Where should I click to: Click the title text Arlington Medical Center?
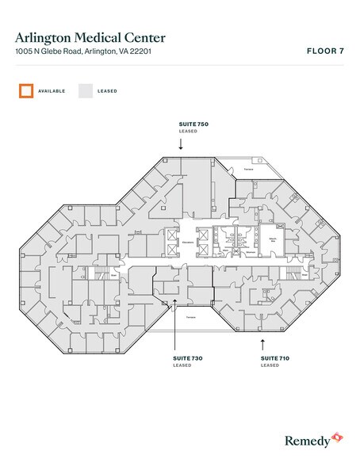[x=90, y=36]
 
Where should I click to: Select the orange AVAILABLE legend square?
[x=26, y=90]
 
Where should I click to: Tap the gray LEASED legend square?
[x=85, y=90]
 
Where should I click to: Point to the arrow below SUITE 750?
[x=181, y=145]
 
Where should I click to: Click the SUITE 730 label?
[x=189, y=359]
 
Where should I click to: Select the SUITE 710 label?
[x=276, y=359]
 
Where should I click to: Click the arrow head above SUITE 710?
[x=262, y=342]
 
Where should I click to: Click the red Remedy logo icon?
[x=338, y=437]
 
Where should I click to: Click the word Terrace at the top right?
[x=248, y=169]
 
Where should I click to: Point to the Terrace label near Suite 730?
[x=191, y=317]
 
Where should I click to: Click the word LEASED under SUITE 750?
[x=188, y=132]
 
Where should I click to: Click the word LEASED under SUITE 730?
[x=182, y=365]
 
